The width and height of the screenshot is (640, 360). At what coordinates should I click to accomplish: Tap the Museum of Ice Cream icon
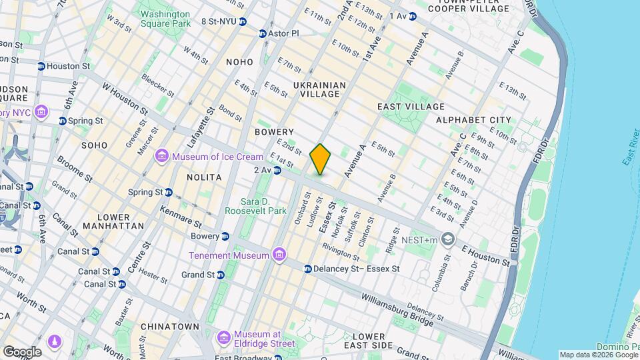[161, 157]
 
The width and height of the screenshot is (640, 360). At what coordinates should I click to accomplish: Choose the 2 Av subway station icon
[277, 171]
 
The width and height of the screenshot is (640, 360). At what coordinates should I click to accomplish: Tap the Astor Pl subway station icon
[263, 33]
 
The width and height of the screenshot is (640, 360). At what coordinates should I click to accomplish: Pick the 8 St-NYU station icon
[243, 22]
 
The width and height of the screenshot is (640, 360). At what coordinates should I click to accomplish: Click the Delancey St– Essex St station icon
[307, 269]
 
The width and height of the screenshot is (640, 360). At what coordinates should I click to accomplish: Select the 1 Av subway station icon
[413, 16]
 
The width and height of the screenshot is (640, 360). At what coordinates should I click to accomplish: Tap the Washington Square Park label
[165, 18]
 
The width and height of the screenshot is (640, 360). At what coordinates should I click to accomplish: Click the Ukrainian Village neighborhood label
[320, 90]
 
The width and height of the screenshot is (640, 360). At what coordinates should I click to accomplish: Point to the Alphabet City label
[473, 120]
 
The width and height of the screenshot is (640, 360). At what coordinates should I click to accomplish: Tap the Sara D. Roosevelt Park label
[263, 206]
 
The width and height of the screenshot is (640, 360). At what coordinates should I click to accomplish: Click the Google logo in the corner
[22, 351]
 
